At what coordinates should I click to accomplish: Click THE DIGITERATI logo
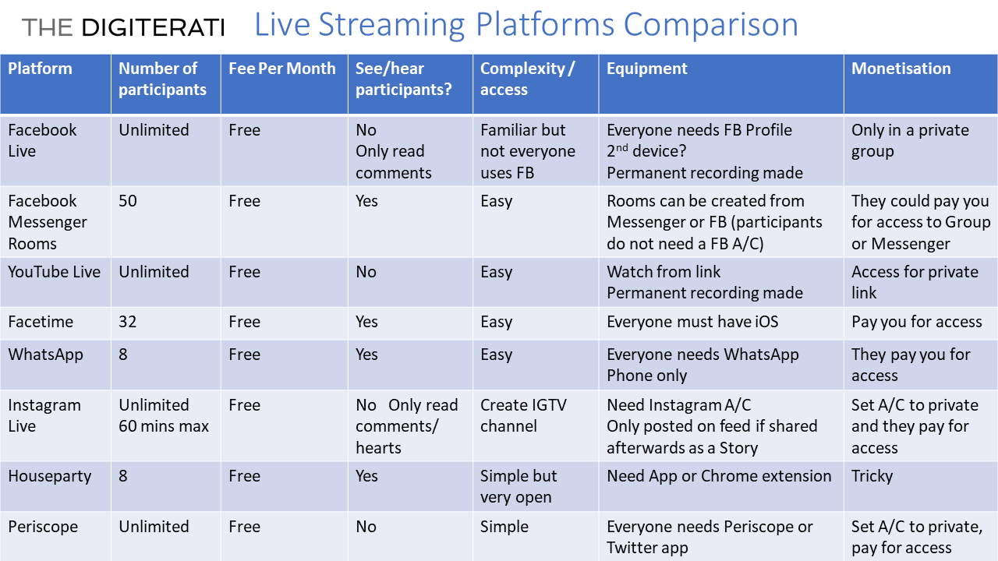pos(123,27)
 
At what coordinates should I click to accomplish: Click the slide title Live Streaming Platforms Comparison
pos(526,25)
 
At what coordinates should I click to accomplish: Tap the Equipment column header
pos(647,69)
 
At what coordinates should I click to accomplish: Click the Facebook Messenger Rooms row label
pos(48,222)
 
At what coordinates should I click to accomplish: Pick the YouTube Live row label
pos(55,272)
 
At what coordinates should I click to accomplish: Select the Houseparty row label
pos(49,476)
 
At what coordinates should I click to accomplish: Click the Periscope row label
pos(43,527)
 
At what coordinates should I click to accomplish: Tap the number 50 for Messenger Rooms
pos(127,201)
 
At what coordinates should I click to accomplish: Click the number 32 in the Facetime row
pos(127,322)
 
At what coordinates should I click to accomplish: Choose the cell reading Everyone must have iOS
pos(692,322)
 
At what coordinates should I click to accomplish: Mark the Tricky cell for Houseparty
pos(872,476)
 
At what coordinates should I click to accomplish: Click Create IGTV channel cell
pos(523,415)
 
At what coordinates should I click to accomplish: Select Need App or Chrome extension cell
pos(719,476)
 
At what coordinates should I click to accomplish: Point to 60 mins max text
pos(164,426)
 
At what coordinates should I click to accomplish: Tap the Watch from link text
pos(664,272)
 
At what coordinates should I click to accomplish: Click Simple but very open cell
pos(518,487)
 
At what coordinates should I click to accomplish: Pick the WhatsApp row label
pos(45,355)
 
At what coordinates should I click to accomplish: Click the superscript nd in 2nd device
pos(621,147)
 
